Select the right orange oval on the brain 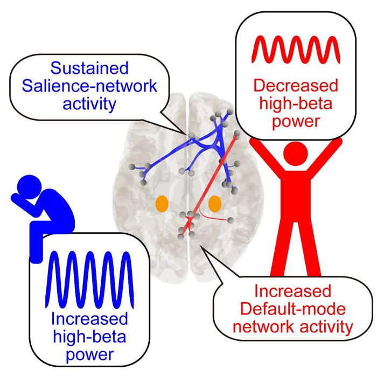[x=215, y=204]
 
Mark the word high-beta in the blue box [x=90, y=336]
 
